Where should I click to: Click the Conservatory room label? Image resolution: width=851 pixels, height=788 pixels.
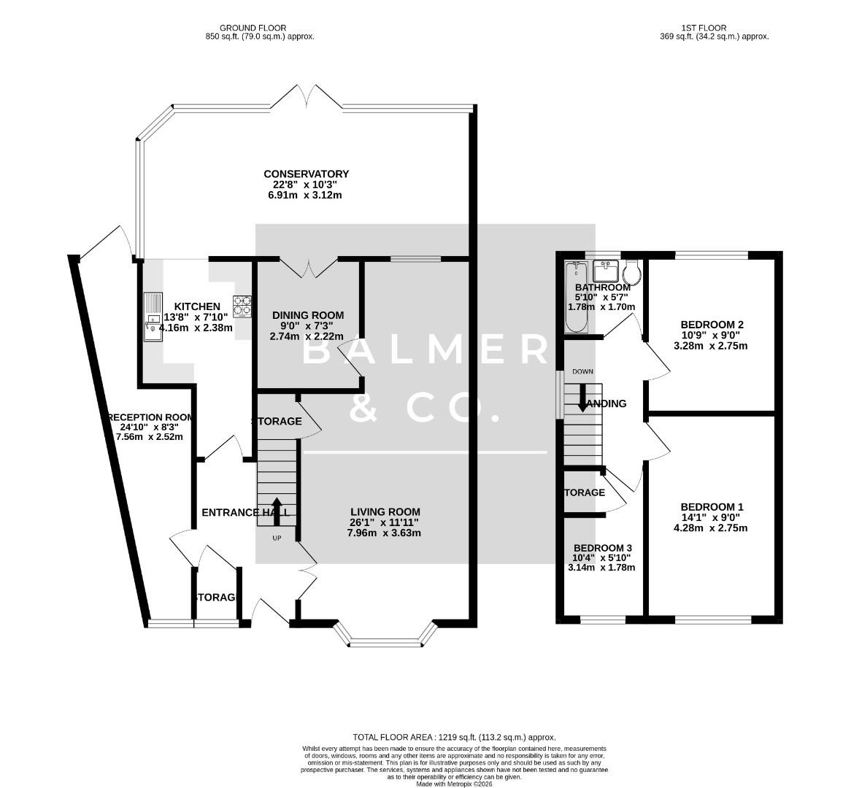coord(306,174)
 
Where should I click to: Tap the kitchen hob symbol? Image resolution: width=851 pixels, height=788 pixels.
coord(242,305)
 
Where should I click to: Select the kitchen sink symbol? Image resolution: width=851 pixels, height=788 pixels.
coord(153,317)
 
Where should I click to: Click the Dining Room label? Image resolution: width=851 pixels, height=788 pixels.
coord(307,315)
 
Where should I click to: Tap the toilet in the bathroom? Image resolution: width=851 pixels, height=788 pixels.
coord(631,272)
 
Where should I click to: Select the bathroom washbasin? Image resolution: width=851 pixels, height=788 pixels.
coord(606,271)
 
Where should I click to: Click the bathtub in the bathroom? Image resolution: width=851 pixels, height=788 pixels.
coord(576,298)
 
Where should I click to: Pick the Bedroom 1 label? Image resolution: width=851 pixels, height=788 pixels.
coord(712,507)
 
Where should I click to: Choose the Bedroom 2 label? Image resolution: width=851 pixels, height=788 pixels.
coord(712,325)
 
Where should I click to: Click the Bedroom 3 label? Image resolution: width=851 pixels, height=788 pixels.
coord(602,548)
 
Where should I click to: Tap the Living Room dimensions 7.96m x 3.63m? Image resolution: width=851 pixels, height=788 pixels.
coord(384,533)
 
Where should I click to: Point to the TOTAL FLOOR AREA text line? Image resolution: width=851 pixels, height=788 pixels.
coord(454,737)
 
